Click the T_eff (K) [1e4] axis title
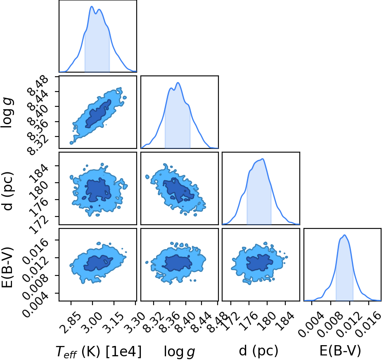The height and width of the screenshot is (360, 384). click(99, 352)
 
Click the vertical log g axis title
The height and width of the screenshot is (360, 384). click(7, 113)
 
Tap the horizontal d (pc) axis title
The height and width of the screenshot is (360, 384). click(258, 351)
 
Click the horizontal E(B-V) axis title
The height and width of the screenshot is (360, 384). click(340, 351)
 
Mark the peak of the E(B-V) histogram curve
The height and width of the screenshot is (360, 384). click(345, 235)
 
